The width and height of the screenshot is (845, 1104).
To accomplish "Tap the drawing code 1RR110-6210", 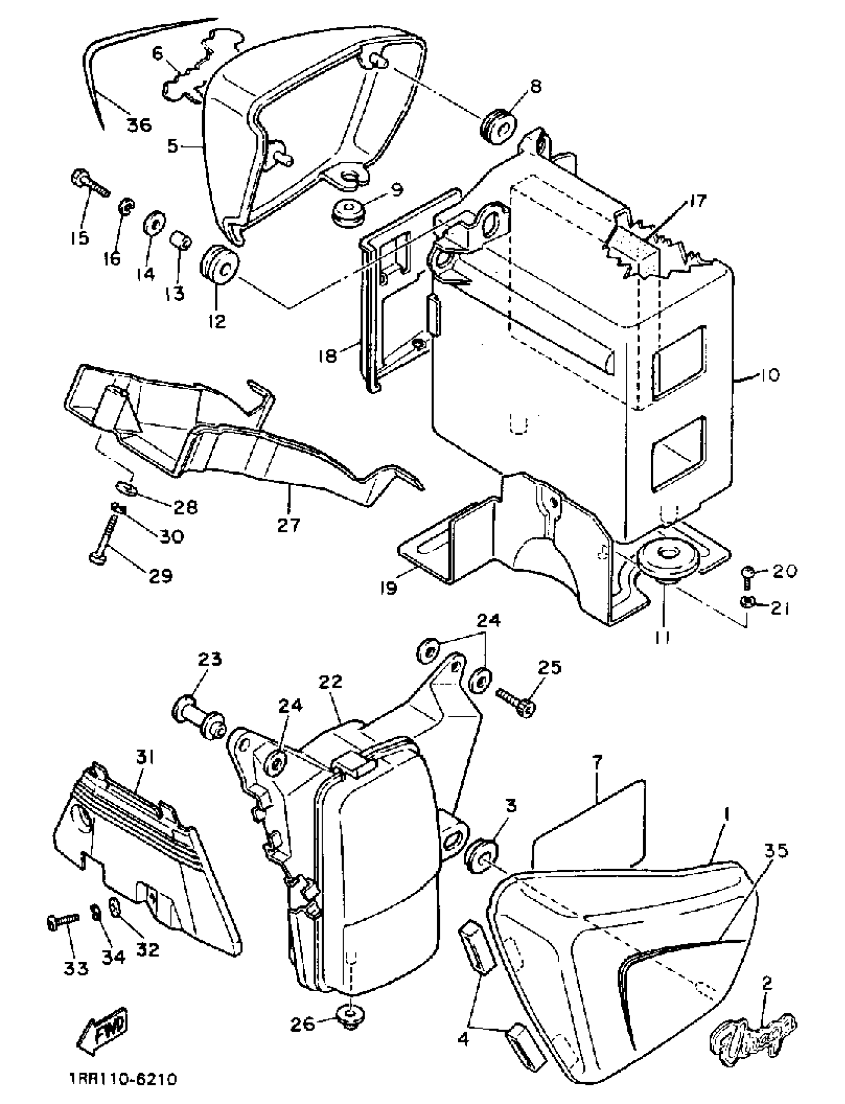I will click(x=123, y=1079).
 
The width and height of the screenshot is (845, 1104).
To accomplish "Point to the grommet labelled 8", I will click(x=498, y=125).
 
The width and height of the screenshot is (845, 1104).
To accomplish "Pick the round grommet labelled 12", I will click(x=220, y=266).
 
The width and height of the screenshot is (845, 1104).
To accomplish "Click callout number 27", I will click(x=288, y=524).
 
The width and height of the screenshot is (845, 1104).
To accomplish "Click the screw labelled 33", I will click(x=63, y=922).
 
